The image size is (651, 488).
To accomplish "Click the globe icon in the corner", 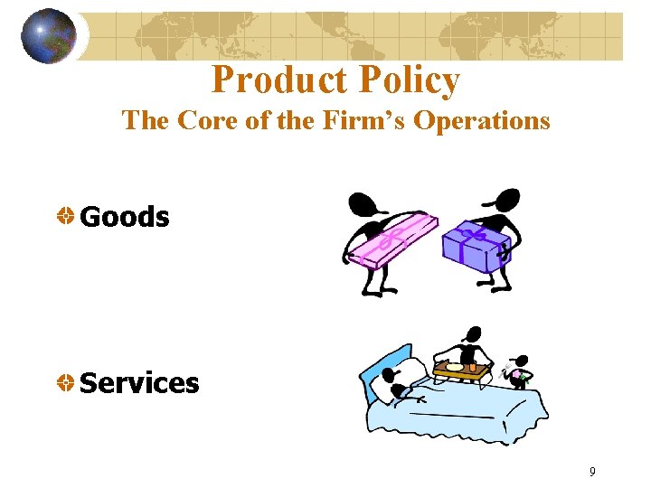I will click(x=48, y=35).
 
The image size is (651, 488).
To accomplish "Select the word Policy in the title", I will click(x=409, y=80).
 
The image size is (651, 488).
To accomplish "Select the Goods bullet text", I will click(x=125, y=217).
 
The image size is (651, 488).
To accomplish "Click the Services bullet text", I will click(x=139, y=383).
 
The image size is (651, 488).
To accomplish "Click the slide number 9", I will click(x=592, y=471).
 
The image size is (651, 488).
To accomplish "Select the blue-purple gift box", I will click(x=476, y=244).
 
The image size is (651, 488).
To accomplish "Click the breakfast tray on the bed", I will click(x=462, y=368).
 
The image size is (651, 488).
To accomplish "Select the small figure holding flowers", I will click(x=518, y=371).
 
